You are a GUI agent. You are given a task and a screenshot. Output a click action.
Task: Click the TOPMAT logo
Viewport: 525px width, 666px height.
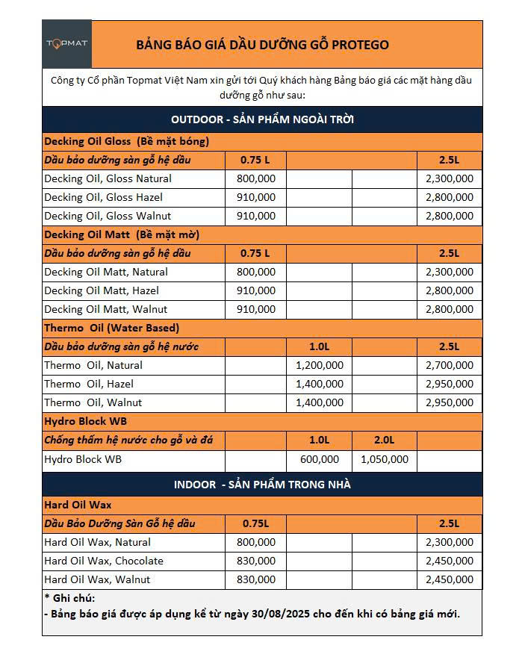point(67,43)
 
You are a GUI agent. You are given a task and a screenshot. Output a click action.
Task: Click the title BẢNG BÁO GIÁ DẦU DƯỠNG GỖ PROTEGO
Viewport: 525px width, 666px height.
point(262,45)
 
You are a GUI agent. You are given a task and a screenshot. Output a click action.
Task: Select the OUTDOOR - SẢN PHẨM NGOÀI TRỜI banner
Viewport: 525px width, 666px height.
point(262,119)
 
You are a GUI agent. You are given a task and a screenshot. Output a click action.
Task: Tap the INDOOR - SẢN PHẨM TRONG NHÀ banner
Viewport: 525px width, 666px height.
point(262,485)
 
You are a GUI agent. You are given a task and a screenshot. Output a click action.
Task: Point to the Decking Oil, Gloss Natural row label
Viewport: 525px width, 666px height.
point(108,178)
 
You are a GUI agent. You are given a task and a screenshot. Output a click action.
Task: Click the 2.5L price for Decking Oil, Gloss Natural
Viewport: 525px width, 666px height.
point(449,178)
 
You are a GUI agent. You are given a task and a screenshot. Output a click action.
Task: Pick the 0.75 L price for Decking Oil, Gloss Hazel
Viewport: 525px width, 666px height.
point(255,197)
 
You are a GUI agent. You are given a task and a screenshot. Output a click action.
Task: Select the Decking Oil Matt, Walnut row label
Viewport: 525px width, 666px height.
point(105,309)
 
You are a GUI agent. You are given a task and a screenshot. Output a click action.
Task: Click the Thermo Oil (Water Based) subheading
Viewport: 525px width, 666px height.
point(111,328)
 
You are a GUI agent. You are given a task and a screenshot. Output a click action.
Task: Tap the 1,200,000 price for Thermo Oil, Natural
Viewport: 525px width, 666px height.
point(320,365)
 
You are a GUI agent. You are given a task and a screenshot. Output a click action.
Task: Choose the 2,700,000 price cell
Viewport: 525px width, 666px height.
point(449,365)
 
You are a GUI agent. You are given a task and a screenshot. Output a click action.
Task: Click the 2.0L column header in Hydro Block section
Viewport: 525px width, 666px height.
point(385,441)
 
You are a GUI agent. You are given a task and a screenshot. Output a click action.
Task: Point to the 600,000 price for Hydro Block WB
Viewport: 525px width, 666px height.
point(320,459)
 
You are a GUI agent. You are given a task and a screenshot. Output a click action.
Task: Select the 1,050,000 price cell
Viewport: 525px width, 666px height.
point(385,459)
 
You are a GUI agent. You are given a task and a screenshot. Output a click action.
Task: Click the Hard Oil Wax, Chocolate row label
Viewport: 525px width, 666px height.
point(104,561)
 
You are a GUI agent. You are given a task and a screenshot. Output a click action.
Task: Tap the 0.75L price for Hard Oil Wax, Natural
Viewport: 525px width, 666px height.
point(255,542)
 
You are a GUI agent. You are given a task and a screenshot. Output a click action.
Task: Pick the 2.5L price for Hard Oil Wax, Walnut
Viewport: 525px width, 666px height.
point(449,579)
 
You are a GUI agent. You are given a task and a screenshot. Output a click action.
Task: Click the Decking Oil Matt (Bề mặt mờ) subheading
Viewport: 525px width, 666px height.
point(122,234)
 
